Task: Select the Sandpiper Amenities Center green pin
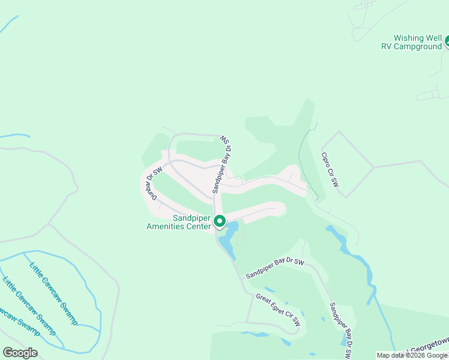pyautogui.click(x=220, y=221)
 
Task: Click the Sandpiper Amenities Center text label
pyautogui.click(x=179, y=222)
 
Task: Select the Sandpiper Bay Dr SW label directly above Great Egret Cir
pyautogui.click(x=275, y=269)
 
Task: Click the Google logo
pyautogui.click(x=20, y=352)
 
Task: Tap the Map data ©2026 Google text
pyautogui.click(x=412, y=355)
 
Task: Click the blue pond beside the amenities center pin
pyautogui.click(x=227, y=240)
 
